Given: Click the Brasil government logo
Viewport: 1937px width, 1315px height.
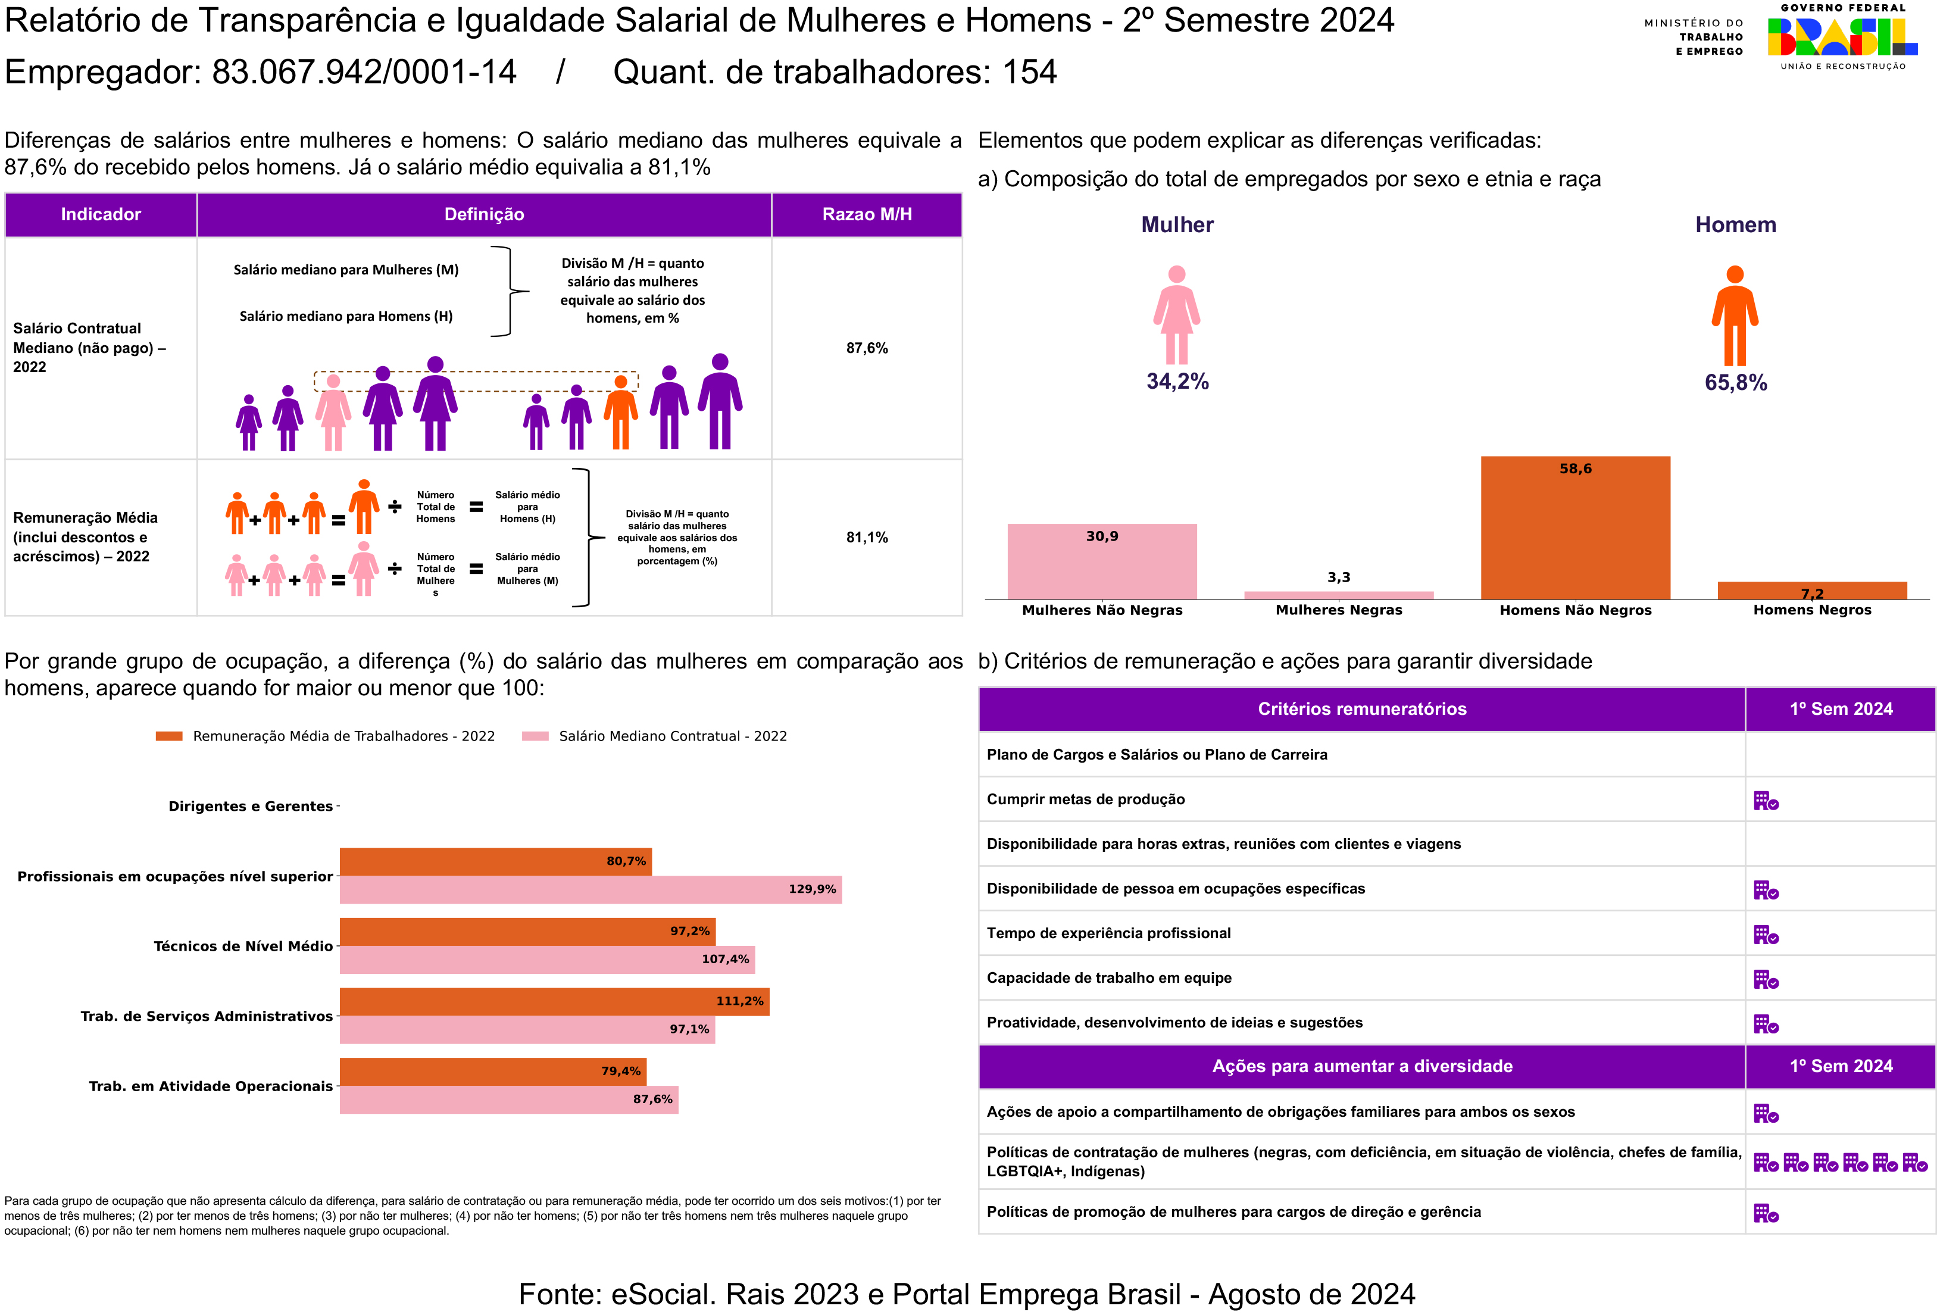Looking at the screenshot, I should click(x=1842, y=38).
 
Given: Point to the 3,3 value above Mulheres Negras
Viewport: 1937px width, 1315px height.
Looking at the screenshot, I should click(x=1339, y=577).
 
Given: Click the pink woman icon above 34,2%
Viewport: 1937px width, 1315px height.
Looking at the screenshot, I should click(x=1176, y=315).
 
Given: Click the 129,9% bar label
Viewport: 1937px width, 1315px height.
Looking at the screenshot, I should click(x=812, y=889).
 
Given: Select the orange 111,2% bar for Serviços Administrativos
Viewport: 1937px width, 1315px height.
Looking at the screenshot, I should click(x=554, y=1001).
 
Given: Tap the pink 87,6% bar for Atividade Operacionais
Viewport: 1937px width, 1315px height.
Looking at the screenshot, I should click(x=508, y=1099).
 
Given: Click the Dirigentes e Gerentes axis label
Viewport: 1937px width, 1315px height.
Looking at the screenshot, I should click(x=250, y=806).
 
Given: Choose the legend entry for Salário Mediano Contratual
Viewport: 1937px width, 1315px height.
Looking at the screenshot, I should click(x=672, y=736).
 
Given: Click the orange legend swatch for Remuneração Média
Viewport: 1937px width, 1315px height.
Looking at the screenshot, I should click(x=169, y=736).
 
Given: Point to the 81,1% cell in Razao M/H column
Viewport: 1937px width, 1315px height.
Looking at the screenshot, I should click(x=867, y=538).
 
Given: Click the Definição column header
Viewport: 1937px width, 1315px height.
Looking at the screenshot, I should click(x=485, y=214).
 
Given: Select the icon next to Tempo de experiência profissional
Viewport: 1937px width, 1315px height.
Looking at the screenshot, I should click(x=1766, y=935).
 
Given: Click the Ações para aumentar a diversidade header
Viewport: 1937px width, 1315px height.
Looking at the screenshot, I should click(x=1362, y=1066).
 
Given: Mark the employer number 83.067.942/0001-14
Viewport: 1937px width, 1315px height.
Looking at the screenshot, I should click(x=364, y=73).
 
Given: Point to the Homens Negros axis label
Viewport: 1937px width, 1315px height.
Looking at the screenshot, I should click(x=1812, y=610).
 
